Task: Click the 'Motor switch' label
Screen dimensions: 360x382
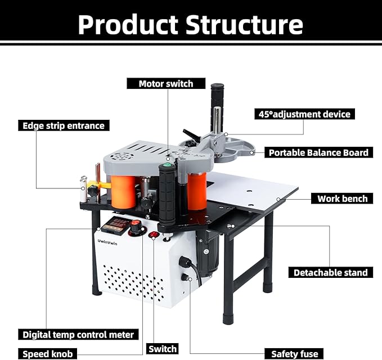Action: click(x=166, y=84)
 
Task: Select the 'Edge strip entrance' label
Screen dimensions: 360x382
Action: click(x=64, y=125)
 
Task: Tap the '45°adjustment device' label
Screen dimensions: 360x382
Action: click(x=305, y=114)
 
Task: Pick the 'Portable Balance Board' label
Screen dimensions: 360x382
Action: click(x=318, y=152)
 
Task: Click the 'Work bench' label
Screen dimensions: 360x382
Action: click(x=342, y=199)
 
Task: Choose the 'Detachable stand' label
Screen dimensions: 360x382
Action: click(x=330, y=273)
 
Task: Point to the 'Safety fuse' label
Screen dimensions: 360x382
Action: click(x=294, y=354)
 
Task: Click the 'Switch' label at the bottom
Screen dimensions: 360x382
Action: click(x=163, y=349)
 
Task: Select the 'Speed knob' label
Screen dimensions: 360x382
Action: click(x=47, y=354)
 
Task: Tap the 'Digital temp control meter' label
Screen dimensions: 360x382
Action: click(x=78, y=334)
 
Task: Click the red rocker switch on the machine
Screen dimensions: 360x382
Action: click(x=153, y=235)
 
